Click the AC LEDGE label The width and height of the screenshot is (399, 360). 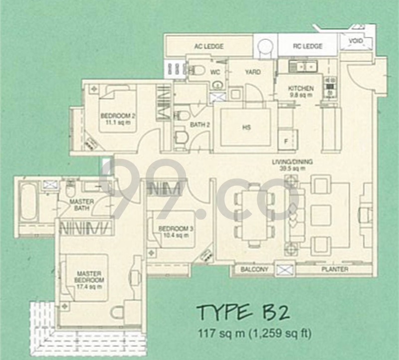(x=208, y=46)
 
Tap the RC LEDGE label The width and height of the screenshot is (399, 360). (x=307, y=46)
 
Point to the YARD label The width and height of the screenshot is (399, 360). (x=252, y=72)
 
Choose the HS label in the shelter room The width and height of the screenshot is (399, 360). (x=246, y=127)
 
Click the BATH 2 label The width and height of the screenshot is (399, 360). (x=199, y=125)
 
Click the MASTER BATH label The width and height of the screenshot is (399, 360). (x=79, y=205)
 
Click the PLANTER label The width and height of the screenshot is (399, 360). (x=336, y=270)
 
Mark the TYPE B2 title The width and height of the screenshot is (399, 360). (x=242, y=313)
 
